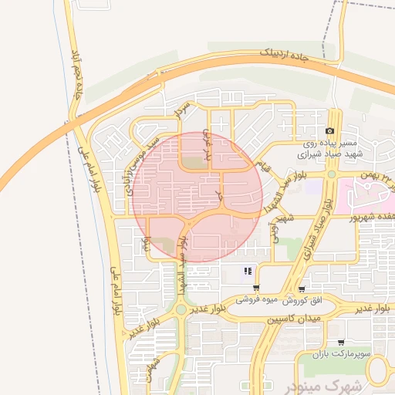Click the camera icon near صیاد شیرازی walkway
[330, 132]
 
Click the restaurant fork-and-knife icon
[248, 271]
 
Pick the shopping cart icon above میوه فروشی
[256, 288]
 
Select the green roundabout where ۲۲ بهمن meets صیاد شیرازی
[332, 174]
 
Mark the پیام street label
[145, 245]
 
